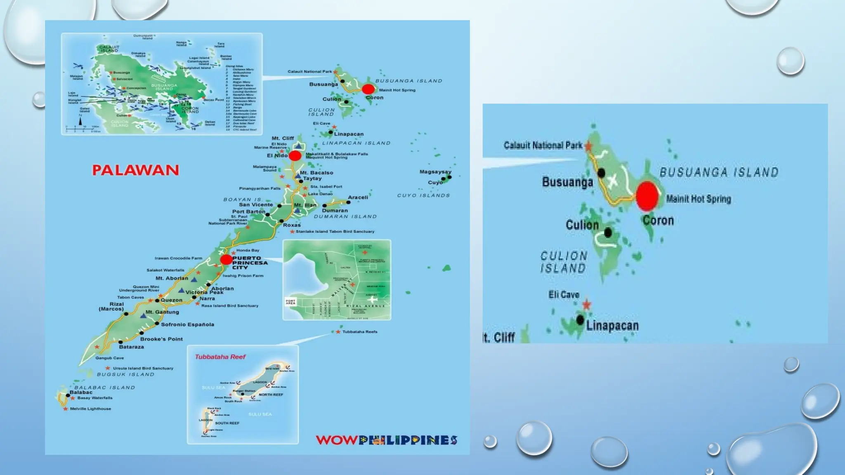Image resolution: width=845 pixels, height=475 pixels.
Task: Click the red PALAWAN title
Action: [x=135, y=170]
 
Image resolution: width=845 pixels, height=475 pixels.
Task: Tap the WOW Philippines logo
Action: [x=387, y=440]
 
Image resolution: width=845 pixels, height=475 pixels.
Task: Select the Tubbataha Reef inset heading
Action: [x=220, y=357]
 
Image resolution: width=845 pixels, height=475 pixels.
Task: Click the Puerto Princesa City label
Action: [x=250, y=262]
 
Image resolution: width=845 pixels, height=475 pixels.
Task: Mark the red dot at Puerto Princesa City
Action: [x=226, y=259]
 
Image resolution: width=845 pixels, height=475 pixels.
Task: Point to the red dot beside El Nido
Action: [x=295, y=155]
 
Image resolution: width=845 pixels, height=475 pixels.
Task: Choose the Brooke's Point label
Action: [x=161, y=339]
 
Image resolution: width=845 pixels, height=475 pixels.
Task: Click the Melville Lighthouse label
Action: [x=90, y=409]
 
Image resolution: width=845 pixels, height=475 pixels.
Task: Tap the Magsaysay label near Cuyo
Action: [x=435, y=172]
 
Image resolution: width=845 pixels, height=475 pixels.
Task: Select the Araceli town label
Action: [x=358, y=197]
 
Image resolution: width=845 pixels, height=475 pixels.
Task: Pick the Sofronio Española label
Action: [x=187, y=325]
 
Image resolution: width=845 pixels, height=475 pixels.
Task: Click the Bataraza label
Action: [x=131, y=347]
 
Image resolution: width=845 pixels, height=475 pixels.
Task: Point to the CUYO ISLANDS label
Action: [x=423, y=195]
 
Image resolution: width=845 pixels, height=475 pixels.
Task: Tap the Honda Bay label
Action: [x=248, y=250]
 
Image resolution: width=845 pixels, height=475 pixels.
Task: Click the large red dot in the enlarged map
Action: [x=647, y=196]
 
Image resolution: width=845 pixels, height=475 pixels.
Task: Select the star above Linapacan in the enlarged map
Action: [x=586, y=305]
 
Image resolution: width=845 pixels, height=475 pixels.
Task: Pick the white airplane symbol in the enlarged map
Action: [x=613, y=180]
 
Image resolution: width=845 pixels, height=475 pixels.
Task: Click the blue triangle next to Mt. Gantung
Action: [x=143, y=315]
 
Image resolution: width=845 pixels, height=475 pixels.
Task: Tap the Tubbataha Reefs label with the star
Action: [x=359, y=332]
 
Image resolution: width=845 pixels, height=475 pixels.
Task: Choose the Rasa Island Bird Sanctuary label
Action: [x=230, y=306]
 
